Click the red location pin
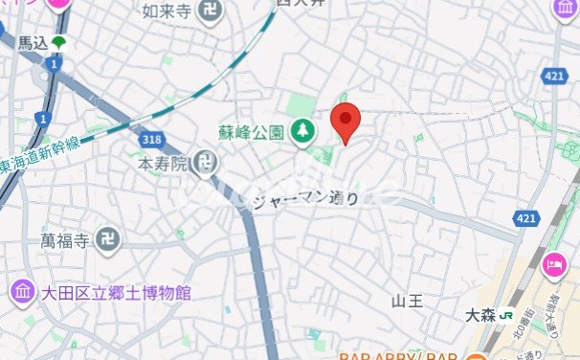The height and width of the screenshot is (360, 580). [346, 121]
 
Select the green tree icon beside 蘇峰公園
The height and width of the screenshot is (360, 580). [303, 130]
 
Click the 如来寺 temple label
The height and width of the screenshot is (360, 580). [166, 12]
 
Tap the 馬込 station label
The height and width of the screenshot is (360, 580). [33, 43]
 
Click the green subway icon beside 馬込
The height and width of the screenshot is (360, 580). [60, 43]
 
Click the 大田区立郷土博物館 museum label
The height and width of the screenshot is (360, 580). [116, 292]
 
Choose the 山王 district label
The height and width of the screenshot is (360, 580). [407, 301]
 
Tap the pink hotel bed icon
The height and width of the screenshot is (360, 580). [554, 265]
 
